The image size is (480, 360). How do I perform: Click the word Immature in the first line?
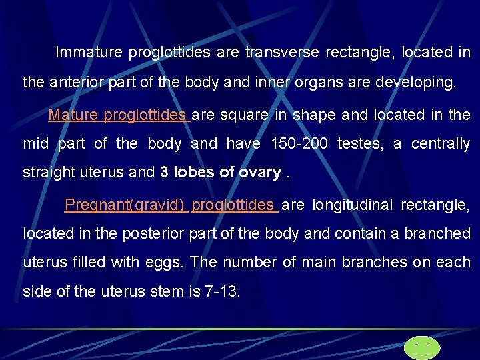pos(89,52)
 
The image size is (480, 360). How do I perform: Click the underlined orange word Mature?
pos(73,115)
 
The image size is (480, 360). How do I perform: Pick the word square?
pos(243,115)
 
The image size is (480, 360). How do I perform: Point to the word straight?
pos(47,173)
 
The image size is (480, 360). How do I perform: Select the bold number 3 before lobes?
pos(164,173)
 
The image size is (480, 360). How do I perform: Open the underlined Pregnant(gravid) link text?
pos(124,205)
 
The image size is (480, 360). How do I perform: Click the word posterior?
pos(149,233)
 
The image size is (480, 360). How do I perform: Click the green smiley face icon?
pos(422,347)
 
